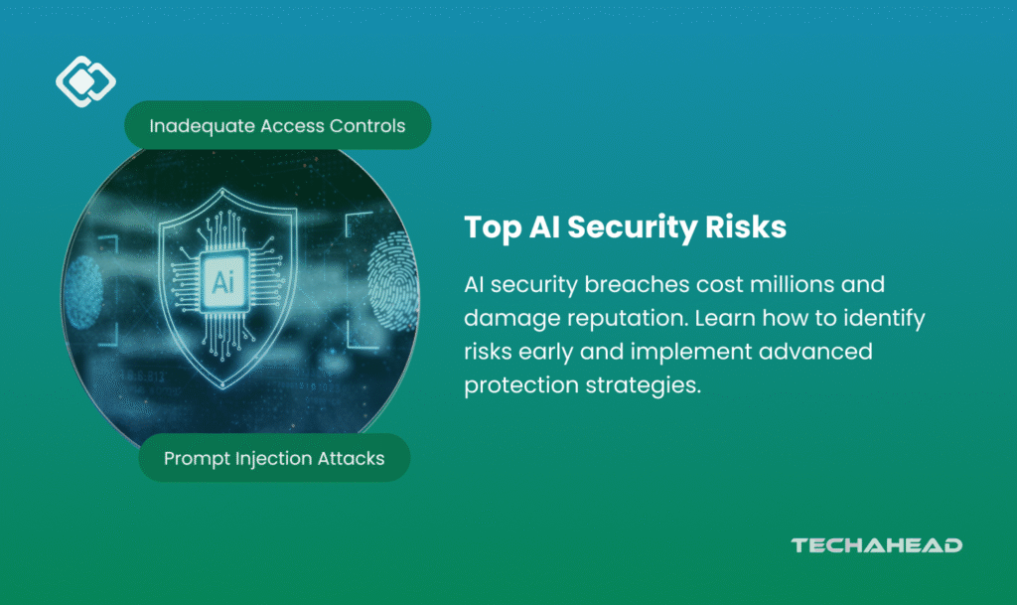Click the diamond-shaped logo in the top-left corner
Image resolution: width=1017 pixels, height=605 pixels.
click(x=85, y=81)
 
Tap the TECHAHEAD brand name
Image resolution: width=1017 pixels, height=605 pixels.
click(x=876, y=545)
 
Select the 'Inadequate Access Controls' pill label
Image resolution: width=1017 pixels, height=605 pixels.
click(x=278, y=125)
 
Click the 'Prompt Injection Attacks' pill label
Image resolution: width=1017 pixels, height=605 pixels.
click(x=274, y=458)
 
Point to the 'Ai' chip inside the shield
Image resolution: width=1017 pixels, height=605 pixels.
click(x=223, y=282)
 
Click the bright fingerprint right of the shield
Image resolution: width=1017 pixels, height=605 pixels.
click(x=391, y=281)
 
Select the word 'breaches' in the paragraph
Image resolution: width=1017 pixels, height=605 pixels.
click(x=628, y=284)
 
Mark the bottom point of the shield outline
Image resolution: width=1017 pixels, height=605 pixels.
click(x=223, y=387)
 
